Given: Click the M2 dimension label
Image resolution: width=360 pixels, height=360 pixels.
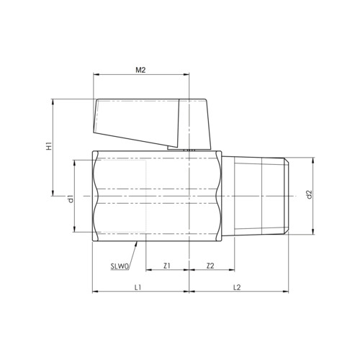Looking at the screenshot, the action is click(x=140, y=70).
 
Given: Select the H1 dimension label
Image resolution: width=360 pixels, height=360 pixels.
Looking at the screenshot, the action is click(x=49, y=146).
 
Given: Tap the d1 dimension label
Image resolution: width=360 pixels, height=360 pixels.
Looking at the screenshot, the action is click(x=71, y=199).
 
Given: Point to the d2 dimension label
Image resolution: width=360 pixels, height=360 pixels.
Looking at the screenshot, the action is click(x=309, y=194).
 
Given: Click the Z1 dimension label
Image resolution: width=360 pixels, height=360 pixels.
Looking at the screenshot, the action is click(x=167, y=266).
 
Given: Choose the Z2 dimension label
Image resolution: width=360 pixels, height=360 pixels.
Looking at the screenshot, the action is click(x=210, y=266).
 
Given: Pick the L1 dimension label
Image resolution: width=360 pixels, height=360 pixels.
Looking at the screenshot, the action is click(x=138, y=287).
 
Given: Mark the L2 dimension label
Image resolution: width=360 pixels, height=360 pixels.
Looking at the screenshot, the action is click(x=237, y=287).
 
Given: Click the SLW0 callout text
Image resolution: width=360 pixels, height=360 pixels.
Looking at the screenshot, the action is click(x=120, y=266).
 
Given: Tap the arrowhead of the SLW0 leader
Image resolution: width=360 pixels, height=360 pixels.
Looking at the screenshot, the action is click(x=137, y=243).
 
